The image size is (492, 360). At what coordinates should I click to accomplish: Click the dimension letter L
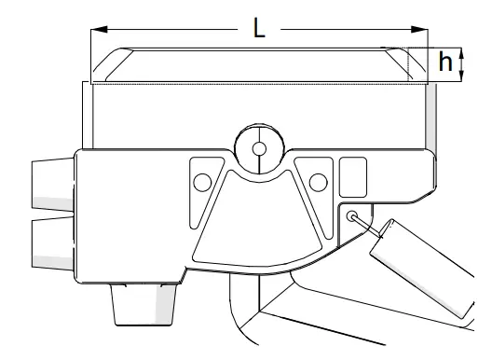(259, 28)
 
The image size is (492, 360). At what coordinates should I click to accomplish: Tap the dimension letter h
(446, 63)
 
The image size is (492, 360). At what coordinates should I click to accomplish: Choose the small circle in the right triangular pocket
(318, 179)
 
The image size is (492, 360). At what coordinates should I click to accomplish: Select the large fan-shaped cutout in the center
(256, 224)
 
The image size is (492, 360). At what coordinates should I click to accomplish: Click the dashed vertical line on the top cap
(408, 64)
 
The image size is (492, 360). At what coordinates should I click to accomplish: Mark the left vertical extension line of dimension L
(89, 56)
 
